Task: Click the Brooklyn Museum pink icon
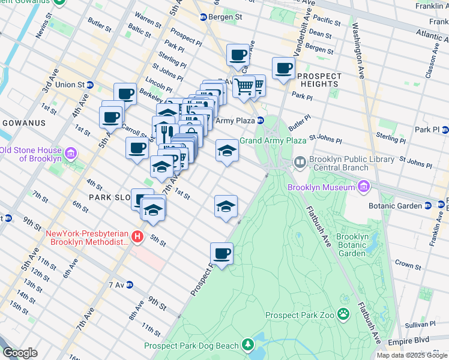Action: coord(363,188)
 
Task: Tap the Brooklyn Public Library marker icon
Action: coord(300,163)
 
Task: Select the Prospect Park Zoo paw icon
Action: coord(343,314)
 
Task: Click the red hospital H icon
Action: coord(137,237)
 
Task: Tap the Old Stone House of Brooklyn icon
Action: coord(71,154)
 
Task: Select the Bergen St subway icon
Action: coord(203,17)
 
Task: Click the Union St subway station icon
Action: coord(89,85)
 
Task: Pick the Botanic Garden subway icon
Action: coord(427,206)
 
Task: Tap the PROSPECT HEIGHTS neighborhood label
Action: coord(318,80)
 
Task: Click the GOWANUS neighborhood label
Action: coord(24,123)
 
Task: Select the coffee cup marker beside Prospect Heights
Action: coord(283,68)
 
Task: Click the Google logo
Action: coord(20,353)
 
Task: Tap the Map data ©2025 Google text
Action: coord(412,355)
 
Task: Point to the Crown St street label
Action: coord(408,265)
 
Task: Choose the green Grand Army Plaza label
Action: coord(273,141)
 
